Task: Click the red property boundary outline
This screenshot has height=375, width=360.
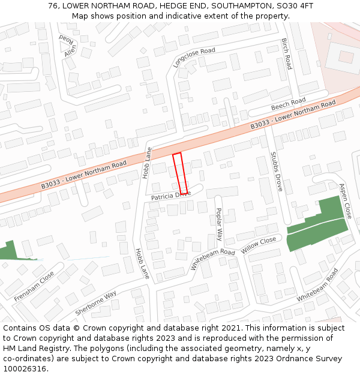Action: click(x=181, y=174)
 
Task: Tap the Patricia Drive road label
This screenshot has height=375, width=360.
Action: click(x=170, y=196)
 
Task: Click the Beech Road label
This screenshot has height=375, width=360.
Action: click(x=288, y=104)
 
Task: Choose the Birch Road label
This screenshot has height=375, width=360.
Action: click(x=286, y=54)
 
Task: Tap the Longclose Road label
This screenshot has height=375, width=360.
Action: click(x=194, y=58)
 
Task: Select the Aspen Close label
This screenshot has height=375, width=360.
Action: click(x=344, y=200)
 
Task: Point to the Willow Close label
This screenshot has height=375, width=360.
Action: click(x=259, y=245)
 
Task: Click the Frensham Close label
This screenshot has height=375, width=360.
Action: click(x=34, y=286)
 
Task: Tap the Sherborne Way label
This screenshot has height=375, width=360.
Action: click(x=96, y=304)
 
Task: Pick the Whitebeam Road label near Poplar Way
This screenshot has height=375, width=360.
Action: click(x=213, y=259)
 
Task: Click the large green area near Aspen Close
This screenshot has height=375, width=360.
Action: click(x=317, y=225)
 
